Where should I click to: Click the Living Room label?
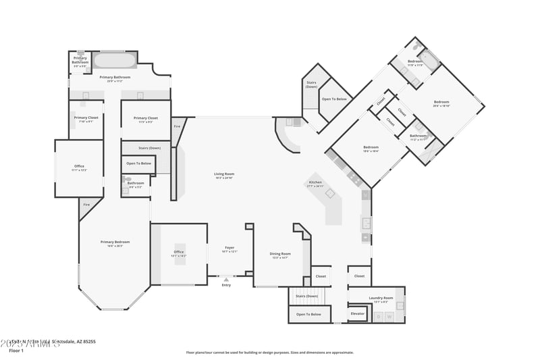pos(224,175)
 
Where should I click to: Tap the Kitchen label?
pos(315,183)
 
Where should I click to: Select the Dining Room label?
pos(280,255)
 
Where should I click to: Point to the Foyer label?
pos(230,249)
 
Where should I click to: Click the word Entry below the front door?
pos(226,284)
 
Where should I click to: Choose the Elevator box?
pos(358,313)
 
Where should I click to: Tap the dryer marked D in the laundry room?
pos(379,316)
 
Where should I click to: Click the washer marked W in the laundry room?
pos(389,316)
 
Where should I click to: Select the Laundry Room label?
pos(381,299)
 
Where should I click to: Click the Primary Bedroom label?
pos(115,243)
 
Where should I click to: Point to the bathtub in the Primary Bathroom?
pos(114,61)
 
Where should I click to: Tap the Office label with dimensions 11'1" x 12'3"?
pos(80,168)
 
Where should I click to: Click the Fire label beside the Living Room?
pos(178,126)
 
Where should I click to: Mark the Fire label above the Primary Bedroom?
pos(86,205)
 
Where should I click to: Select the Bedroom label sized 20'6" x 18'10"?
pos(441,103)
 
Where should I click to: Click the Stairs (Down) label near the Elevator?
pos(307,296)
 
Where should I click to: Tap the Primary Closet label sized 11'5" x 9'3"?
pos(145,119)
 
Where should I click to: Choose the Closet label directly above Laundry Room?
pos(359,276)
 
